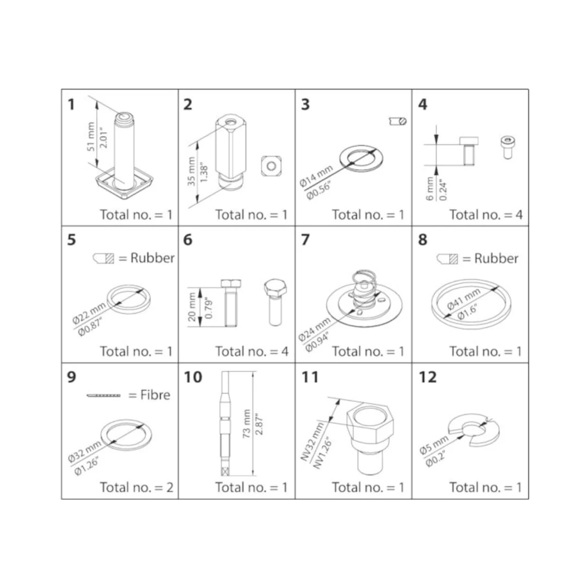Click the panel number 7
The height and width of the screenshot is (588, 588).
click(x=305, y=239)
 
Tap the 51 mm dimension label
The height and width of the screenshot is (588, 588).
click(x=91, y=137)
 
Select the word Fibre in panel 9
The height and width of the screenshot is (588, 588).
click(x=155, y=395)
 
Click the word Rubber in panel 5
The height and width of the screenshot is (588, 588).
click(x=152, y=258)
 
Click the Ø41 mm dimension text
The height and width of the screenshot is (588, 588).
click(x=463, y=299)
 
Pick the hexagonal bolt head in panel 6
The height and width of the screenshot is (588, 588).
click(x=275, y=288)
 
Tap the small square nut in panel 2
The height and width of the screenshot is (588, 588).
click(x=271, y=166)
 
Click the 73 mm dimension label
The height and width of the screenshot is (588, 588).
click(x=247, y=424)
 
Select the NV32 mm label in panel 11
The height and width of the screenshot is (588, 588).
click(x=312, y=442)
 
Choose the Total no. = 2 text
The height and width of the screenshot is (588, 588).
click(x=137, y=487)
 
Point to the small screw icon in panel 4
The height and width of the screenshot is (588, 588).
click(x=507, y=148)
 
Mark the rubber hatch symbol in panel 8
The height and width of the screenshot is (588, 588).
click(x=448, y=259)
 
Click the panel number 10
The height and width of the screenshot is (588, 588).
click(x=193, y=377)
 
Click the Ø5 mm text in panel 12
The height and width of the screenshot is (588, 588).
click(x=433, y=445)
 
